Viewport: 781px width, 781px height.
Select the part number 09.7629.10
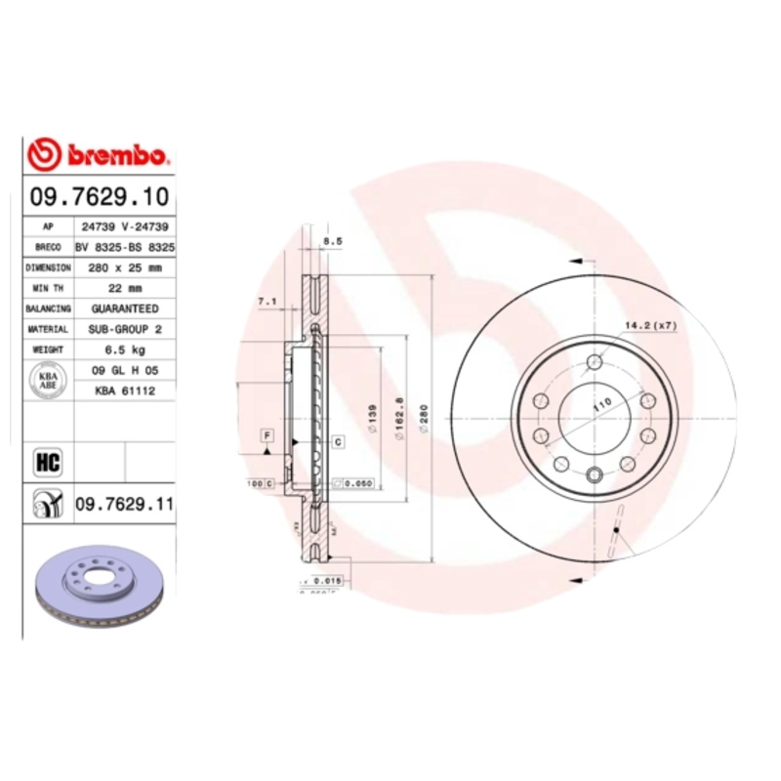click(99, 196)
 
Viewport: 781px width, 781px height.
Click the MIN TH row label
click(49, 288)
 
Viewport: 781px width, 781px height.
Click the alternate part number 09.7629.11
click(123, 504)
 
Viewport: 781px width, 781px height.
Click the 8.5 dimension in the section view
click(332, 240)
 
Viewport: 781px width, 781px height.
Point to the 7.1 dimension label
click(267, 303)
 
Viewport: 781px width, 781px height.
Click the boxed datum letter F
click(266, 432)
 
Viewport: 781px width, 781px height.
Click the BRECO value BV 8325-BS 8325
click(126, 247)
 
